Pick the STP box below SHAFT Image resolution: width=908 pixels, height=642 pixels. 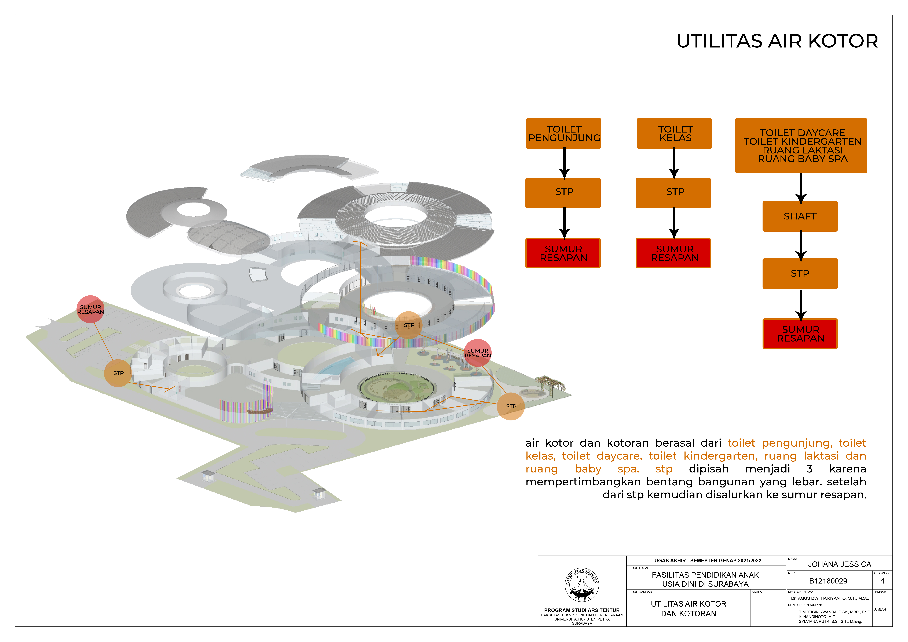[x=800, y=273]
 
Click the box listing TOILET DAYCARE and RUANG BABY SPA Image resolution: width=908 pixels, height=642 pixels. [x=801, y=146]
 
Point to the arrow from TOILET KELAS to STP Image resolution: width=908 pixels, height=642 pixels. [x=674, y=163]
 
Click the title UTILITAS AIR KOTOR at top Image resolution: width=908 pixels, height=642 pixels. [x=777, y=41]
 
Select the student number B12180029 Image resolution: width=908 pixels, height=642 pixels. [x=828, y=581]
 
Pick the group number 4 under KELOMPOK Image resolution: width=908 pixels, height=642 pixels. [x=882, y=581]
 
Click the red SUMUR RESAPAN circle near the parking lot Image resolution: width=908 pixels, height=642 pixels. [x=91, y=309]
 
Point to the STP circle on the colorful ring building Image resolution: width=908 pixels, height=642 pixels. [x=409, y=325]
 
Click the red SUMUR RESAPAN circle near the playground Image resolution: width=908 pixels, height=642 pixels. [x=478, y=353]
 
